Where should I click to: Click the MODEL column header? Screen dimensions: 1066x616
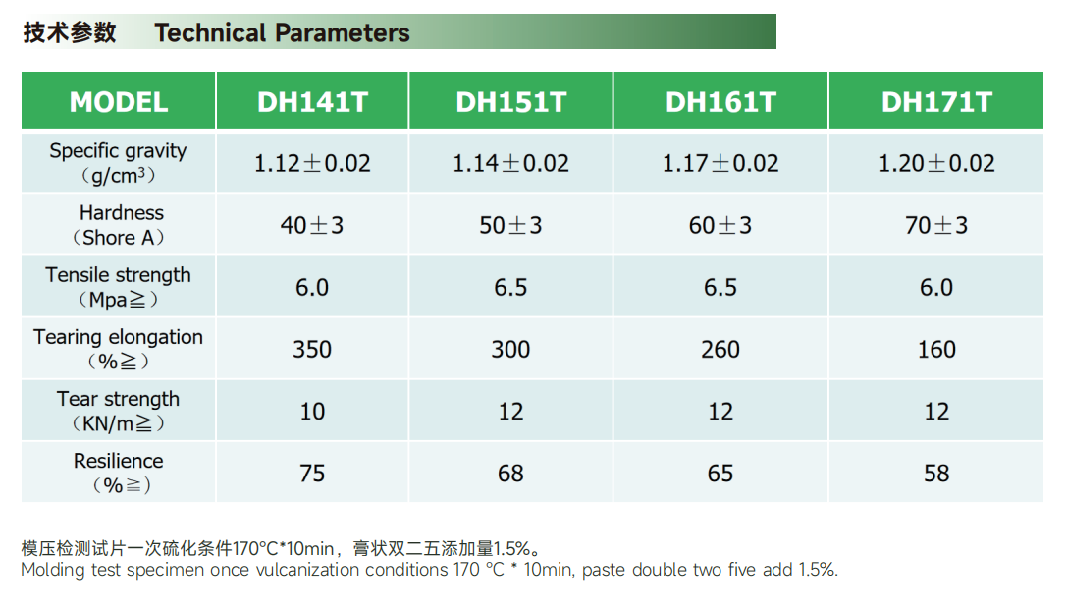pyautogui.click(x=119, y=102)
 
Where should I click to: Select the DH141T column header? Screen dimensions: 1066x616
pyautogui.click(x=312, y=102)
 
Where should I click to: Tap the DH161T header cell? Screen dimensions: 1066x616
pyautogui.click(x=720, y=102)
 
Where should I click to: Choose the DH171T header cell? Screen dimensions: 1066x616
pyautogui.click(x=936, y=102)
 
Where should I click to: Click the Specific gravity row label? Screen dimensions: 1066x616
pyautogui.click(x=119, y=163)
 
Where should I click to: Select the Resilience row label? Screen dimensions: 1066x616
pyautogui.click(x=119, y=473)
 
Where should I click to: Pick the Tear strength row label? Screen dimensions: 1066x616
pyautogui.click(x=119, y=411)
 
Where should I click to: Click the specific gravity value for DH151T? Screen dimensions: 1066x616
pyautogui.click(x=510, y=163)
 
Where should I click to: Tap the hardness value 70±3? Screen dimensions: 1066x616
pyautogui.click(x=936, y=225)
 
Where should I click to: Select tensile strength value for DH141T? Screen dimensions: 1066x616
pyautogui.click(x=312, y=287)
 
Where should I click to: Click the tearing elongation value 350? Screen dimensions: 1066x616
pyautogui.click(x=312, y=349)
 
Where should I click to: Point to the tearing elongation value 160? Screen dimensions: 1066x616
pyautogui.click(x=936, y=349)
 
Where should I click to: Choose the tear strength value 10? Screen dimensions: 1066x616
pyautogui.click(x=312, y=411)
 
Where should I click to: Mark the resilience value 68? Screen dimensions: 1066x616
pyautogui.click(x=510, y=474)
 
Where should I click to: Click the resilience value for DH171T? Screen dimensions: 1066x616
pyautogui.click(x=936, y=474)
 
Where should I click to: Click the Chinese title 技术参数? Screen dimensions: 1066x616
pyautogui.click(x=70, y=32)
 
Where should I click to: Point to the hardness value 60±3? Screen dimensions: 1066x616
pyautogui.click(x=720, y=225)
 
